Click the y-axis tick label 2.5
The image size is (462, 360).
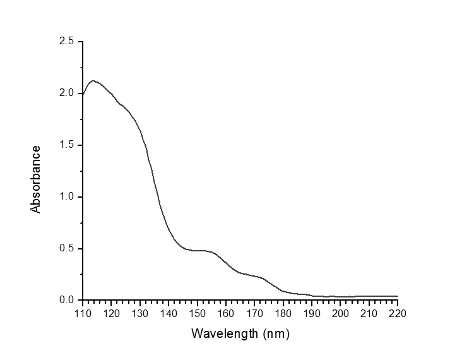click(67, 42)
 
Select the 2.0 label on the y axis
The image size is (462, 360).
click(67, 93)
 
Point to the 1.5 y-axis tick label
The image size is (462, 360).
click(67, 145)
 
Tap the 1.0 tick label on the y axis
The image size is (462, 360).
click(67, 197)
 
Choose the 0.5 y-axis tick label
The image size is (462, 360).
click(67, 248)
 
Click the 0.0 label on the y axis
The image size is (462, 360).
click(67, 300)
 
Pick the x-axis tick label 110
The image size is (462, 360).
click(83, 313)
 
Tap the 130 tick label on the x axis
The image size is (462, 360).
click(140, 313)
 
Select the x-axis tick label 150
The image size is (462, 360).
click(197, 313)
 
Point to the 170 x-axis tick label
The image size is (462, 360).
click(254, 313)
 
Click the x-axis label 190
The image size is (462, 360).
click(312, 313)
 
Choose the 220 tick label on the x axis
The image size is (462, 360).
click(398, 313)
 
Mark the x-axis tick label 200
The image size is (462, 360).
click(340, 313)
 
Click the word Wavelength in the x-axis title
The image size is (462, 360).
click(220, 332)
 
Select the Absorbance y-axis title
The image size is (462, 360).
click(37, 179)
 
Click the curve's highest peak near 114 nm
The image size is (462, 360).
click(93, 80)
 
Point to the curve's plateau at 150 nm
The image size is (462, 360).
click(197, 251)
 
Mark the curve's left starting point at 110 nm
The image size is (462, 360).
click(83, 94)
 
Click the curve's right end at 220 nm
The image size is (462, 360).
click(398, 296)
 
